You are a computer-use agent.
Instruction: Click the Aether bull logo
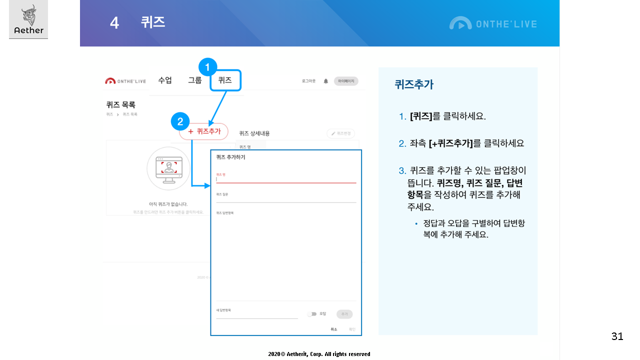pyautogui.click(x=28, y=19)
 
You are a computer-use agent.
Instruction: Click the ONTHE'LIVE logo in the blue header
pyautogui.click(x=492, y=23)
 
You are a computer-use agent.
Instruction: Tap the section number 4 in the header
pyautogui.click(x=114, y=23)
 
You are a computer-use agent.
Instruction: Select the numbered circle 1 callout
pyautogui.click(x=207, y=67)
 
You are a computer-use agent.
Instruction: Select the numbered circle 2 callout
pyautogui.click(x=180, y=121)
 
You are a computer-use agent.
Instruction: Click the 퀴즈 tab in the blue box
pyautogui.click(x=225, y=80)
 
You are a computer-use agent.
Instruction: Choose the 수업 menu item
pyautogui.click(x=165, y=80)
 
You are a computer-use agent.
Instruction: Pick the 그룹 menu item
pyautogui.click(x=195, y=80)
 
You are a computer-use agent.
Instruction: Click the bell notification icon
pyautogui.click(x=326, y=81)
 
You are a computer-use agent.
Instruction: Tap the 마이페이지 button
pyautogui.click(x=346, y=81)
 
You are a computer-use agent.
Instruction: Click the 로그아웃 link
pyautogui.click(x=308, y=81)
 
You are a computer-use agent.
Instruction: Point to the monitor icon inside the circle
pyautogui.click(x=168, y=168)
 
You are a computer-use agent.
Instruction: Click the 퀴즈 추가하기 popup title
pyautogui.click(x=230, y=157)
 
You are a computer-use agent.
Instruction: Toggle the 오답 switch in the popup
pyautogui.click(x=312, y=314)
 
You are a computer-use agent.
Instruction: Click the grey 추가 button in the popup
pyautogui.click(x=344, y=314)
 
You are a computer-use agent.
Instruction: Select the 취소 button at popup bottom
pyautogui.click(x=334, y=329)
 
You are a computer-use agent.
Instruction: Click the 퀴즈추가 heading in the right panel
pyautogui.click(x=413, y=84)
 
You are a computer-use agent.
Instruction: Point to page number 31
pyautogui.click(x=617, y=336)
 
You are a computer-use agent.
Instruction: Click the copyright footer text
pyautogui.click(x=319, y=354)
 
